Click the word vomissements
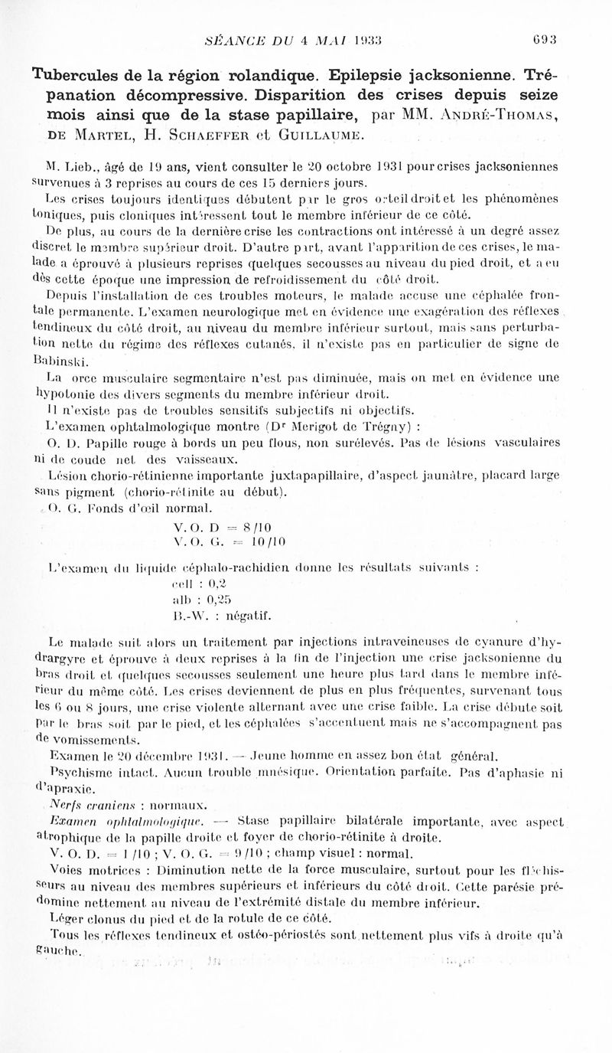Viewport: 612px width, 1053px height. pos(86,740)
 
